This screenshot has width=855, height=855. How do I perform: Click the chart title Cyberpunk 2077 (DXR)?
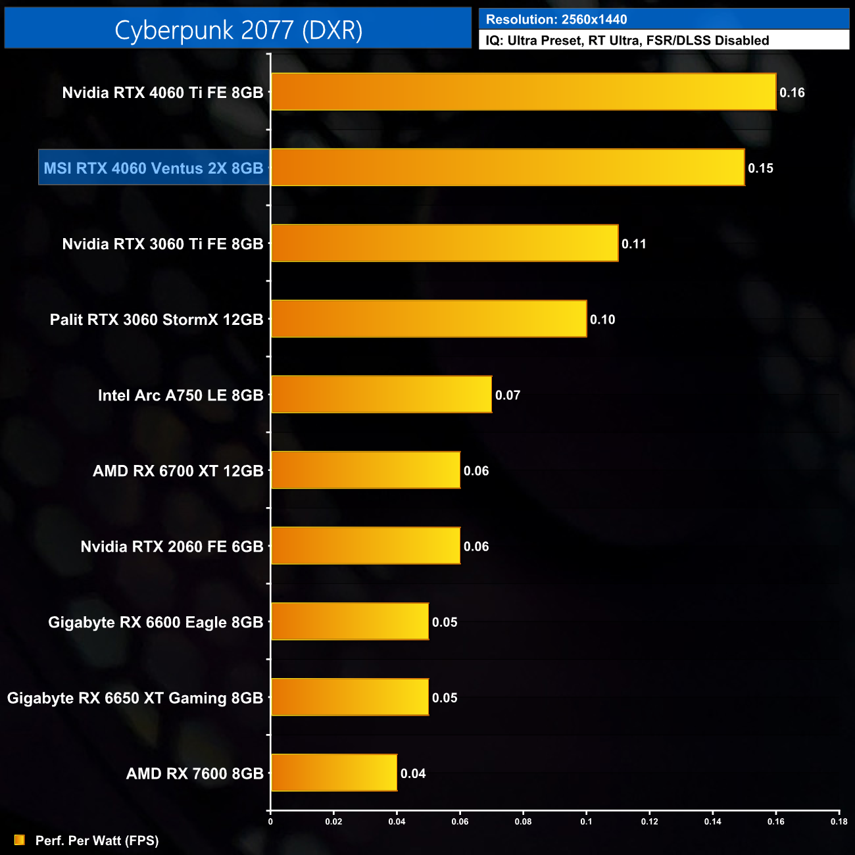tap(238, 30)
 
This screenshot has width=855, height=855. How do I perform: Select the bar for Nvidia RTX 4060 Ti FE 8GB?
tap(524, 92)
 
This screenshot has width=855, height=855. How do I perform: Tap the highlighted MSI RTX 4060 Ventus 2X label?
tap(154, 168)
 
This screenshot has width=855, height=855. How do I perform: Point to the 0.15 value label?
tap(760, 168)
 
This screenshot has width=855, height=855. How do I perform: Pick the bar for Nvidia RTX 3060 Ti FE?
tap(445, 243)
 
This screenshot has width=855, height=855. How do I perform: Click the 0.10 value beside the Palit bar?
tap(602, 320)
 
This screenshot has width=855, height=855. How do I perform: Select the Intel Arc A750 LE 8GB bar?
tap(381, 395)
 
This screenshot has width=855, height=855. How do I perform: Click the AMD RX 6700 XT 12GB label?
tap(178, 471)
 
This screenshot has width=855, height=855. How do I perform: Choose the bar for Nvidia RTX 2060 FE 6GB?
tap(366, 546)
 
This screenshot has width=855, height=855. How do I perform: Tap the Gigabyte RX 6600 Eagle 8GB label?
tap(155, 622)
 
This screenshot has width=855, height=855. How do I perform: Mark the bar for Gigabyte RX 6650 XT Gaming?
tap(350, 697)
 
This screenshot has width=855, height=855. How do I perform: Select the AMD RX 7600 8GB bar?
tap(334, 773)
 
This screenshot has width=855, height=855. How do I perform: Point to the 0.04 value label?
tap(413, 773)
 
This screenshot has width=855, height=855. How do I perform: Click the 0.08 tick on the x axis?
tap(523, 821)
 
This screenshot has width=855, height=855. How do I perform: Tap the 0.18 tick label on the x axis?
tap(839, 821)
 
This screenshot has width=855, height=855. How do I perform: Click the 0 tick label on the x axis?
tap(270, 821)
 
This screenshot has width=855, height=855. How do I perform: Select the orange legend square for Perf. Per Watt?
tap(20, 840)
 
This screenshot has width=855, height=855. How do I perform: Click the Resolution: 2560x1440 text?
tap(556, 20)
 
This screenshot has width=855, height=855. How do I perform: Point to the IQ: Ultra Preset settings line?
tap(627, 41)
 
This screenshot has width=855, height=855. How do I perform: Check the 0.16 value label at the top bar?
tap(792, 93)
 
